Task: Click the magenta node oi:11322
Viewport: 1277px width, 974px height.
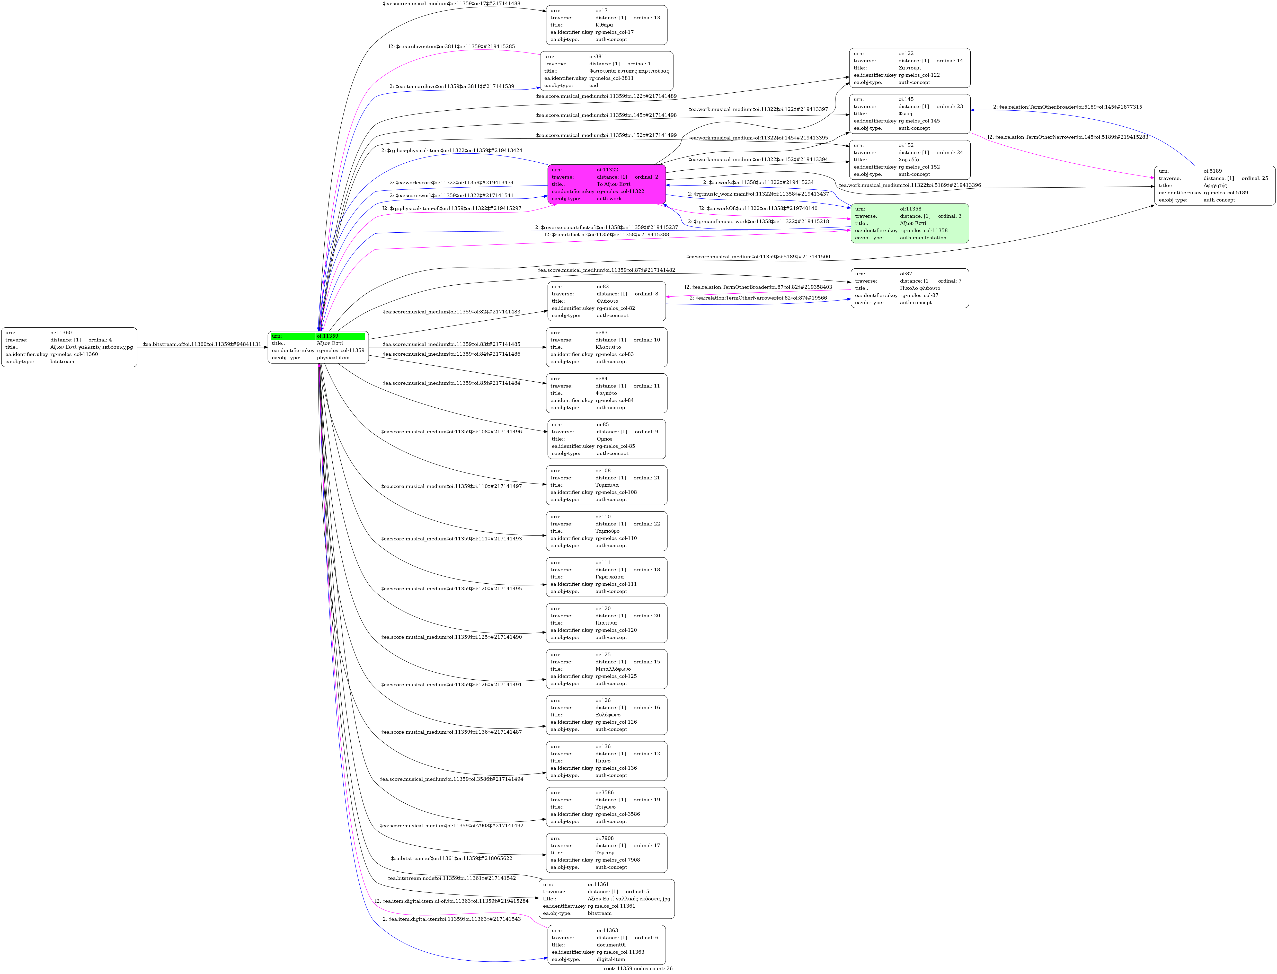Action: point(606,184)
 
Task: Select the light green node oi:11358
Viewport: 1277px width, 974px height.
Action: point(909,223)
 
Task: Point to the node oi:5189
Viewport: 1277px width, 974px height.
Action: point(1214,186)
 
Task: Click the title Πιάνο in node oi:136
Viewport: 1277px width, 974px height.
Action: point(603,761)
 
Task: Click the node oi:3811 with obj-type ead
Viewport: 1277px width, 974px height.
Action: point(606,71)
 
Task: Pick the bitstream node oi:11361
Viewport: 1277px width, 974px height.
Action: point(606,899)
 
